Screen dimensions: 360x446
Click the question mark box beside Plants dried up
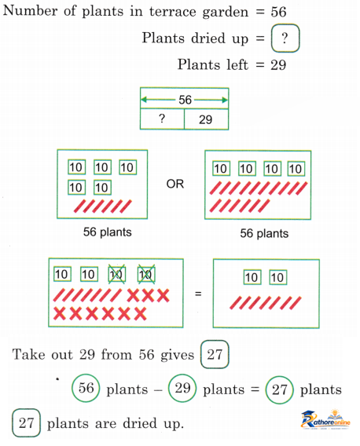[x=285, y=38]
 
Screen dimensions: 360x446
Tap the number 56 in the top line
[x=278, y=12]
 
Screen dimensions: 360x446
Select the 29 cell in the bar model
[x=206, y=119]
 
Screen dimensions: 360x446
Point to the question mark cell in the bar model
[x=162, y=119]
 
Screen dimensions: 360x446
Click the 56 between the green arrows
[x=185, y=100]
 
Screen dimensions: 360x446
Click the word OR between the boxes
[x=174, y=184]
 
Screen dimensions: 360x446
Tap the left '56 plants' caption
[x=108, y=232]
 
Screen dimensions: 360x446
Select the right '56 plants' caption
[x=264, y=233]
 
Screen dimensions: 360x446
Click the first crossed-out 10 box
[x=117, y=275]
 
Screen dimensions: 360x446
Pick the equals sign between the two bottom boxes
[x=198, y=294]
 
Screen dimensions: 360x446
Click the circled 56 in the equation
[x=86, y=388]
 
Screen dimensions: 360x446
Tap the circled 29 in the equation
[x=182, y=388]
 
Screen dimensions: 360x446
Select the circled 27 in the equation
[x=279, y=389]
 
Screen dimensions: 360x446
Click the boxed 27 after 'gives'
[x=215, y=354]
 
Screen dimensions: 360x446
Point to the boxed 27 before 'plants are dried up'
[x=26, y=422]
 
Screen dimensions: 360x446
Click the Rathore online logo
[x=326, y=419]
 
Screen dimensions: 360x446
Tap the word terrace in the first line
[x=173, y=12]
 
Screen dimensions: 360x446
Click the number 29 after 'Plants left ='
[x=278, y=65]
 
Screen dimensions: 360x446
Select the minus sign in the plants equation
[x=158, y=390]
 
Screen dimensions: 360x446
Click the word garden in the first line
[x=226, y=13]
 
